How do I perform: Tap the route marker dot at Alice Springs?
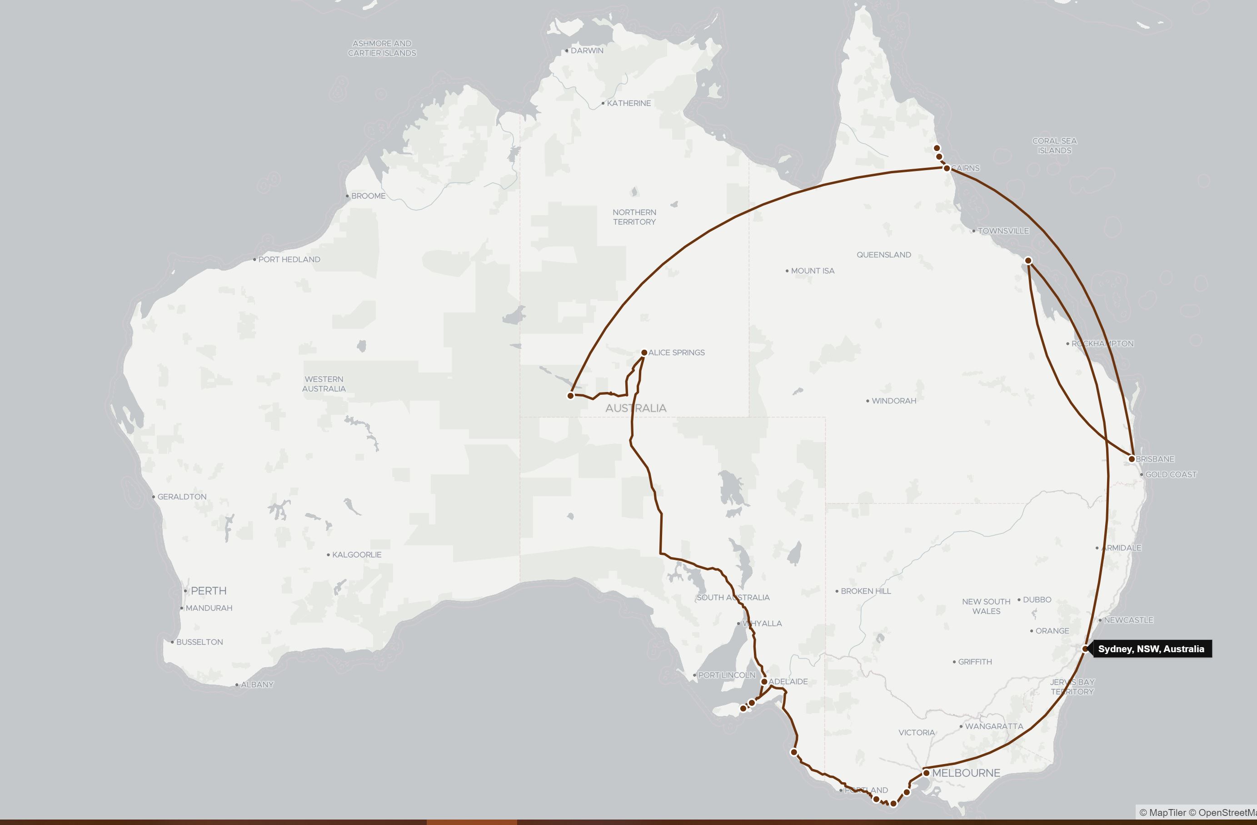coord(644,352)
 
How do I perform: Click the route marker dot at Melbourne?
coord(926,773)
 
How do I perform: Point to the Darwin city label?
coord(587,51)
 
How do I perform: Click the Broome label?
coord(368,196)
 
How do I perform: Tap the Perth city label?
coord(208,591)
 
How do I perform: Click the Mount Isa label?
coord(812,271)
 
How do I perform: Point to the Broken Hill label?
coord(866,591)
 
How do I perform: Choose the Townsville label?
coord(1003,231)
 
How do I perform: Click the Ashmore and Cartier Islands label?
coord(382,48)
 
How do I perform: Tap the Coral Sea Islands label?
coord(1054,146)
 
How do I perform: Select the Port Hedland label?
coord(289,260)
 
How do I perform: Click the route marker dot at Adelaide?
coord(764,682)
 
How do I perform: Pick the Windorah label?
coord(893,401)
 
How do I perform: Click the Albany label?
coord(257,685)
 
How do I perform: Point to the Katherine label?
coord(628,104)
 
